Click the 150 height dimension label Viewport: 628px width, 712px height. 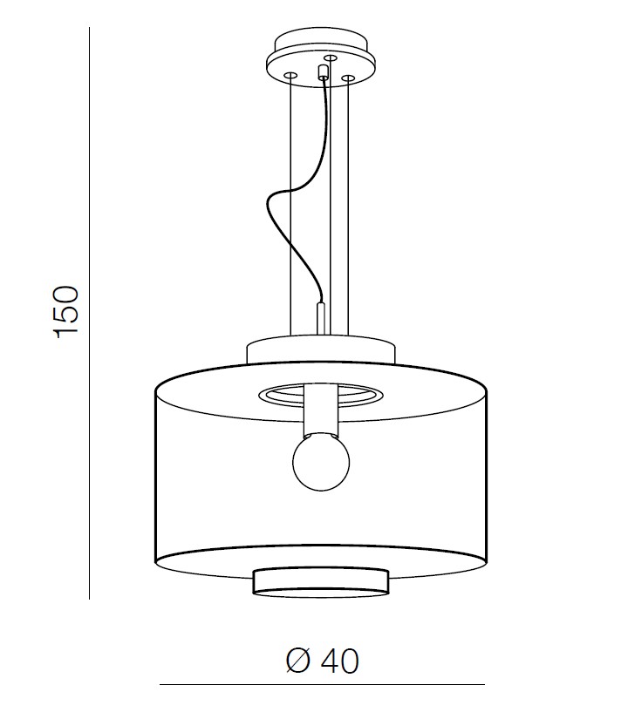tap(67, 312)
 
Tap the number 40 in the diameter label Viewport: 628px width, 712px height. tap(340, 661)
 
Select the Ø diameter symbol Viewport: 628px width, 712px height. tap(298, 661)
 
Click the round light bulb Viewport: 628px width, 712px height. tap(321, 462)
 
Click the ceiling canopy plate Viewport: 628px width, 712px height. tap(322, 60)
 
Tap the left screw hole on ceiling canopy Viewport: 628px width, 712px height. tap(290, 74)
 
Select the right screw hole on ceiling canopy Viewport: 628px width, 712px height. tap(348, 78)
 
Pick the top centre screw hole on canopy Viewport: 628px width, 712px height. tap(331, 58)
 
